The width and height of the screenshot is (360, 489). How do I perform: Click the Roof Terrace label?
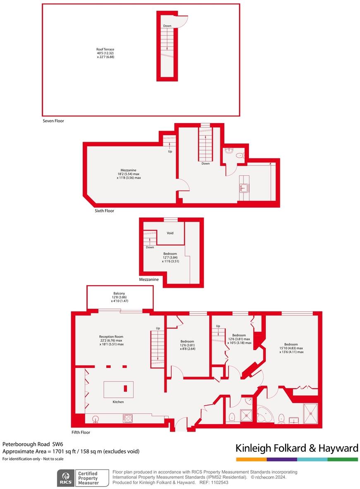pyautogui.click(x=105, y=49)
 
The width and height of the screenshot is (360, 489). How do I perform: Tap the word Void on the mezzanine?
pyautogui.click(x=170, y=233)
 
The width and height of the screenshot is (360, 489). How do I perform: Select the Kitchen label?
pyautogui.click(x=118, y=402)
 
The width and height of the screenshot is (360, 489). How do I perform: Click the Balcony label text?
pyautogui.click(x=119, y=293)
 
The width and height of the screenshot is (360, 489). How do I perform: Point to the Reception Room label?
pyautogui.click(x=111, y=336)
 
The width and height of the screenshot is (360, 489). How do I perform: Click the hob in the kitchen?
pyautogui.click(x=127, y=418)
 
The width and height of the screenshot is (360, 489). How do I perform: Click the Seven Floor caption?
pyautogui.click(x=53, y=121)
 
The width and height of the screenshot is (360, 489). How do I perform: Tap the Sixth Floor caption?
pyautogui.click(x=104, y=211)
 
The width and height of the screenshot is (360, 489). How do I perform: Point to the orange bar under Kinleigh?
pyautogui.click(x=251, y=459)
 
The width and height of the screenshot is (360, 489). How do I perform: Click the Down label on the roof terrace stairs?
pyautogui.click(x=167, y=26)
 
